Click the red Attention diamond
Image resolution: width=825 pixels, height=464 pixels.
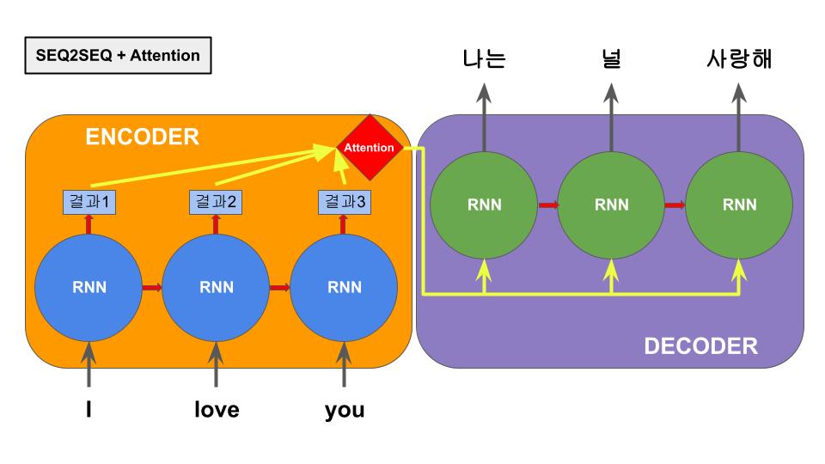coord(369,148)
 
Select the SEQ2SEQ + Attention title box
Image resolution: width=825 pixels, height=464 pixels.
coord(118,56)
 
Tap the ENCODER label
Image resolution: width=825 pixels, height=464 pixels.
coord(142,137)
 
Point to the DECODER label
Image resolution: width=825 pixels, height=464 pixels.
coord(700,346)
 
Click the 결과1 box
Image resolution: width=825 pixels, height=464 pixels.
coord(89,203)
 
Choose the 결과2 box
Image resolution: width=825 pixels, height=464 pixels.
coord(216,203)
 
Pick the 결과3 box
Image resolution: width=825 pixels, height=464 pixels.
coord(345,203)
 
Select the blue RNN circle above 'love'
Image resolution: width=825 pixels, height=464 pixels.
coord(216,287)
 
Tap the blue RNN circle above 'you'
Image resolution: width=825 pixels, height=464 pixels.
coord(344,287)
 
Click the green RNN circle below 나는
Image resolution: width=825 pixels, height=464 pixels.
coord(484,205)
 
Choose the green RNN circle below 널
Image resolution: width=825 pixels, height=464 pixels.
coord(611,205)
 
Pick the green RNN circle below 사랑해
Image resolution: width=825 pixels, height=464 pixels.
coord(739,205)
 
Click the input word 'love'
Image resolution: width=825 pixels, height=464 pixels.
coord(216,410)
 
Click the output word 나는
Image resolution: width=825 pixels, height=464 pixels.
coord(484,59)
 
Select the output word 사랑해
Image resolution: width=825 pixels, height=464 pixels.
coord(739,59)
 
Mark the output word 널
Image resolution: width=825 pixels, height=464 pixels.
coord(611,59)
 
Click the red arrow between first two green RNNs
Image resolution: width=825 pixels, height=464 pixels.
coord(547,205)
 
